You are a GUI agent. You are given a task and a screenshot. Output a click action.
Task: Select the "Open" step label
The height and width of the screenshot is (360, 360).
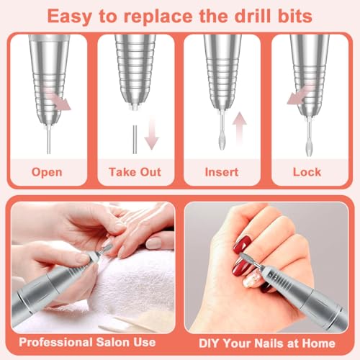point(47,172)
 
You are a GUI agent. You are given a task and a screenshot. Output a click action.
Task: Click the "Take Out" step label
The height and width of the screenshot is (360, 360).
point(135,172)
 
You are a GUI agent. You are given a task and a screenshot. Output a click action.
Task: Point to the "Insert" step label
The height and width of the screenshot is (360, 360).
point(222,172)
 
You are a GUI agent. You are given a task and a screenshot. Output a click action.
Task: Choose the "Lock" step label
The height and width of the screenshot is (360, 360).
point(307,172)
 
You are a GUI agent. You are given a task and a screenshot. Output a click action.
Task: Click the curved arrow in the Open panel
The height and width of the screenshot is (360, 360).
point(58,100)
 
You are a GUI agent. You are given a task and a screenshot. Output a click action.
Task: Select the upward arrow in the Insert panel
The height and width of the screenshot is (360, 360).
point(240,128)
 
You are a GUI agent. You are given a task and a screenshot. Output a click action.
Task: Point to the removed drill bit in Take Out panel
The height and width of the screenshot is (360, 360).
point(135,140)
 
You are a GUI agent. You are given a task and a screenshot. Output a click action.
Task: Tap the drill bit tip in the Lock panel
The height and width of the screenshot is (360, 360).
point(309,148)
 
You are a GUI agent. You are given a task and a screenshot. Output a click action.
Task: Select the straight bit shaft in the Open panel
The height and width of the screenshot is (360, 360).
point(49,140)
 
